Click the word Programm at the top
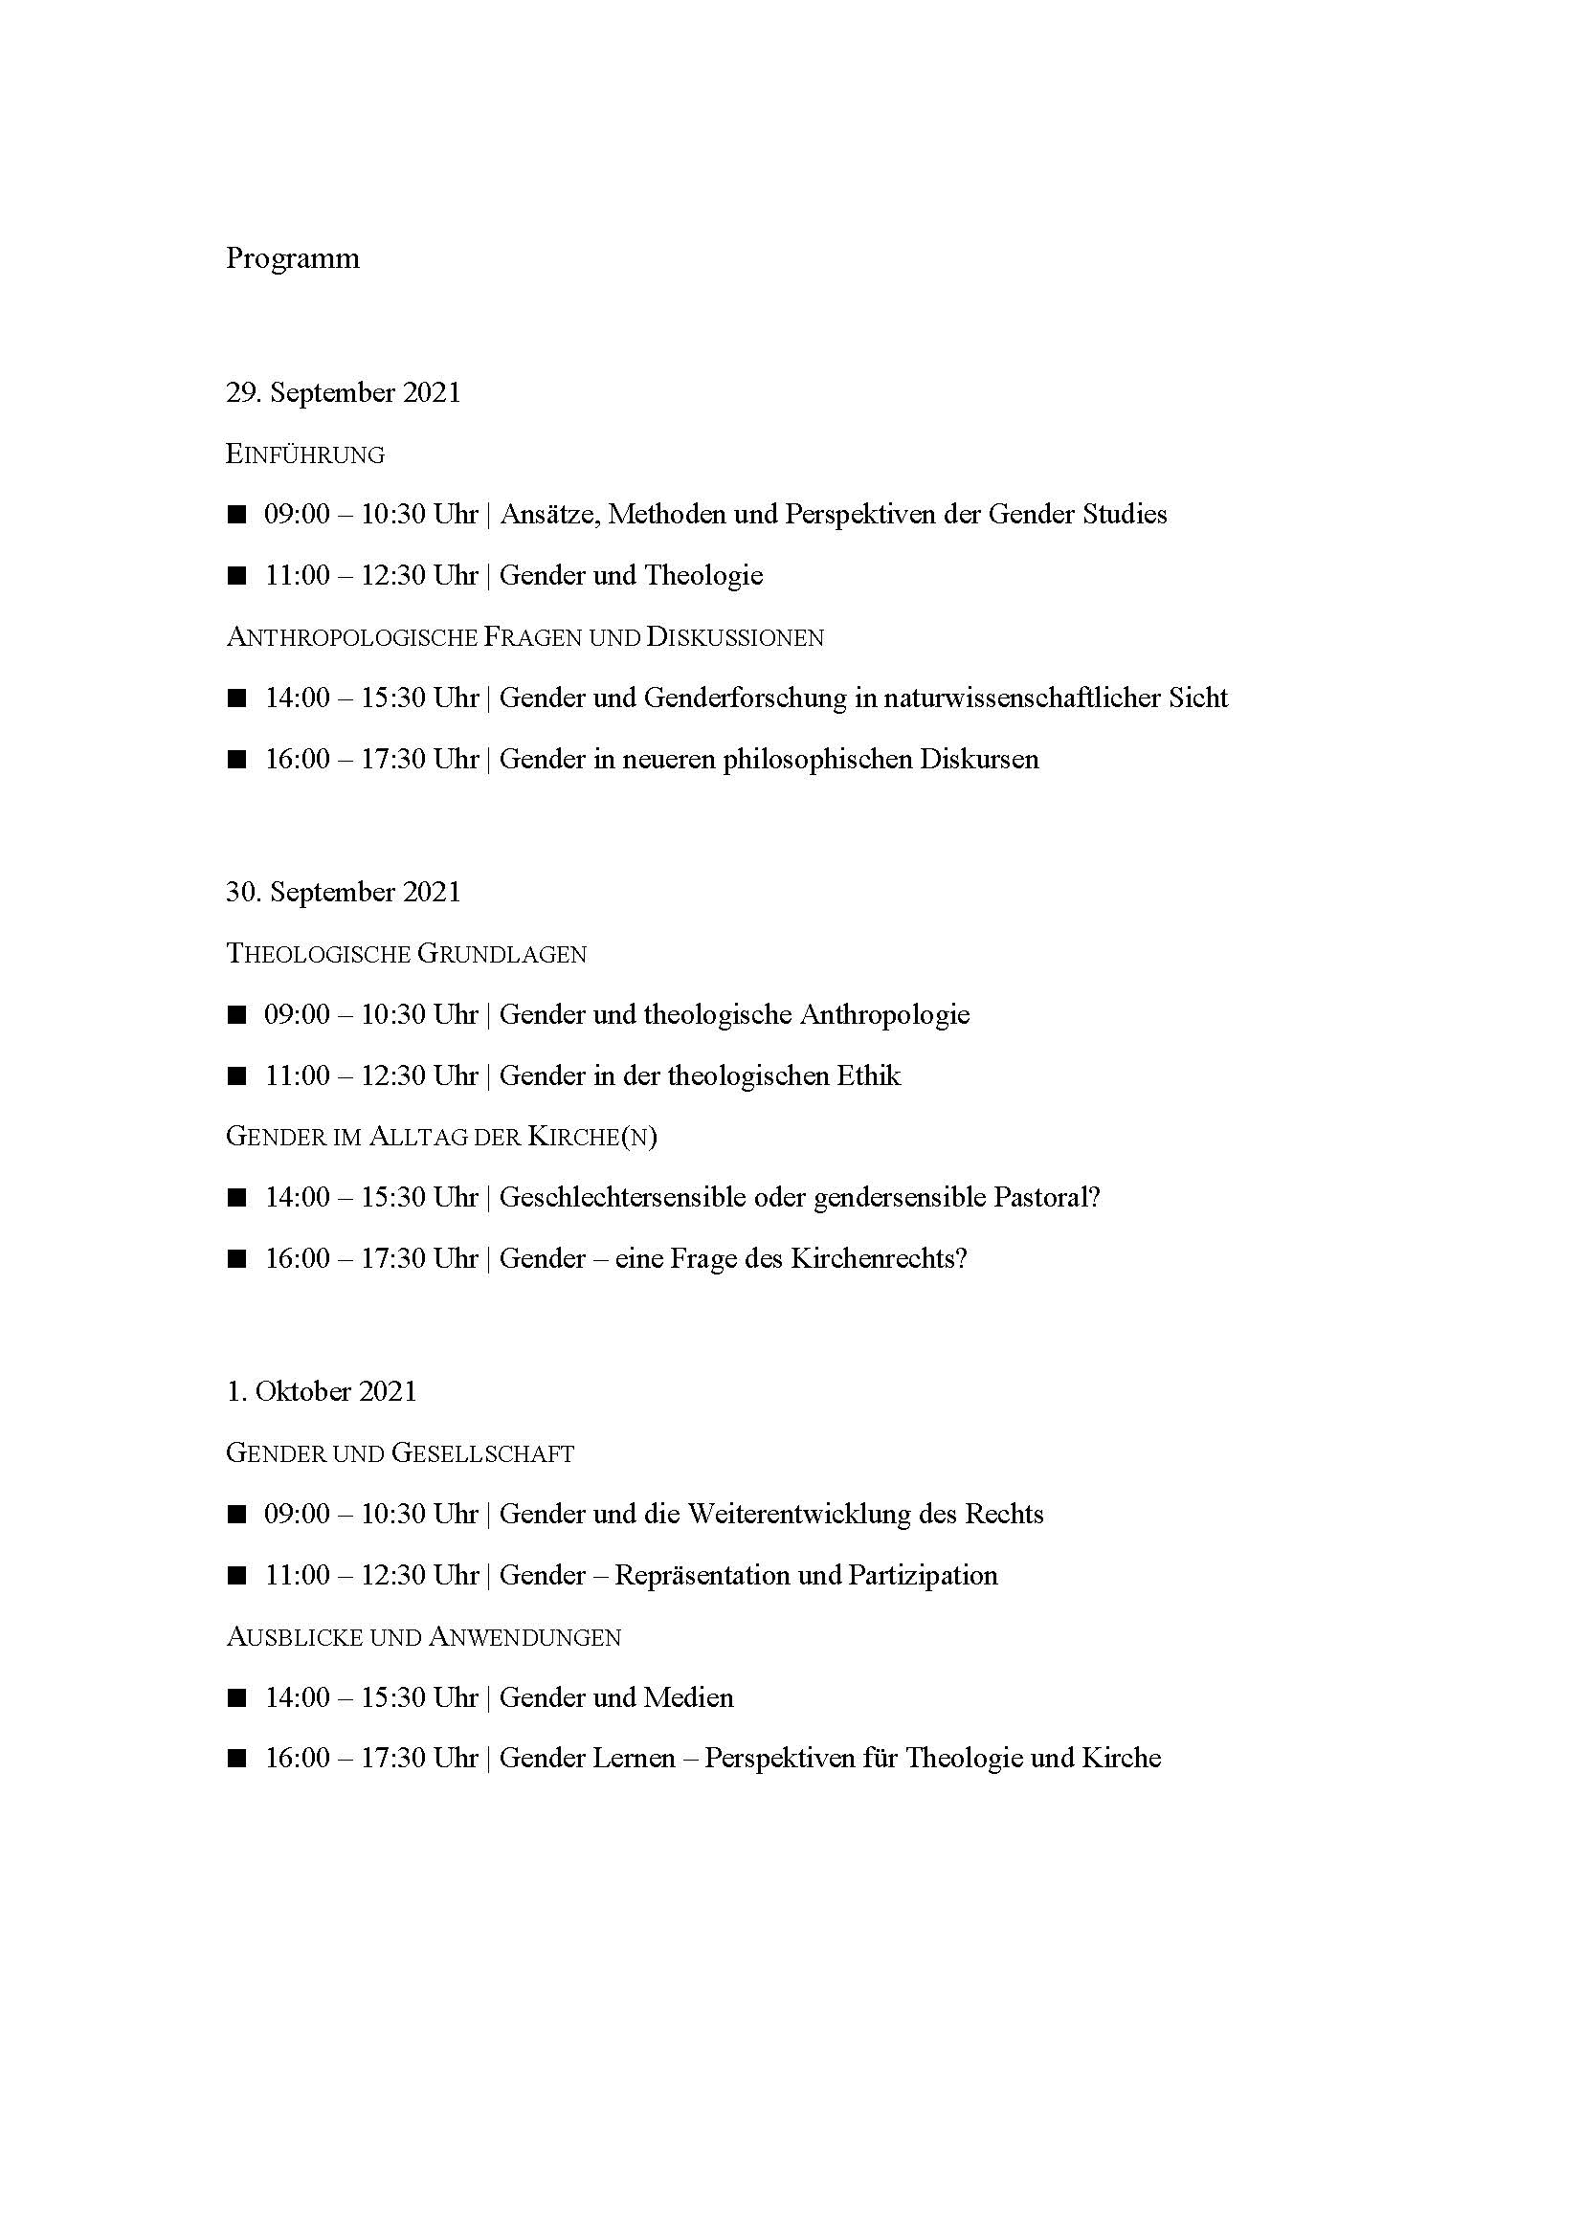[x=293, y=258]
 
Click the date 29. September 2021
[x=344, y=393]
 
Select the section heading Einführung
[x=305, y=454]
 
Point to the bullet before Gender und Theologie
[x=236, y=576]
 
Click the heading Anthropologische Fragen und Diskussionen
[x=524, y=637]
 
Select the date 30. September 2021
[x=344, y=893]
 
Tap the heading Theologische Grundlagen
[x=406, y=953]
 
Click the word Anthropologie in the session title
[x=884, y=1014]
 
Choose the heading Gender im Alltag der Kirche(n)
[x=440, y=1137]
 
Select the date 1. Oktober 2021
[x=321, y=1392]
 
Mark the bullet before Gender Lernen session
[x=236, y=1760]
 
